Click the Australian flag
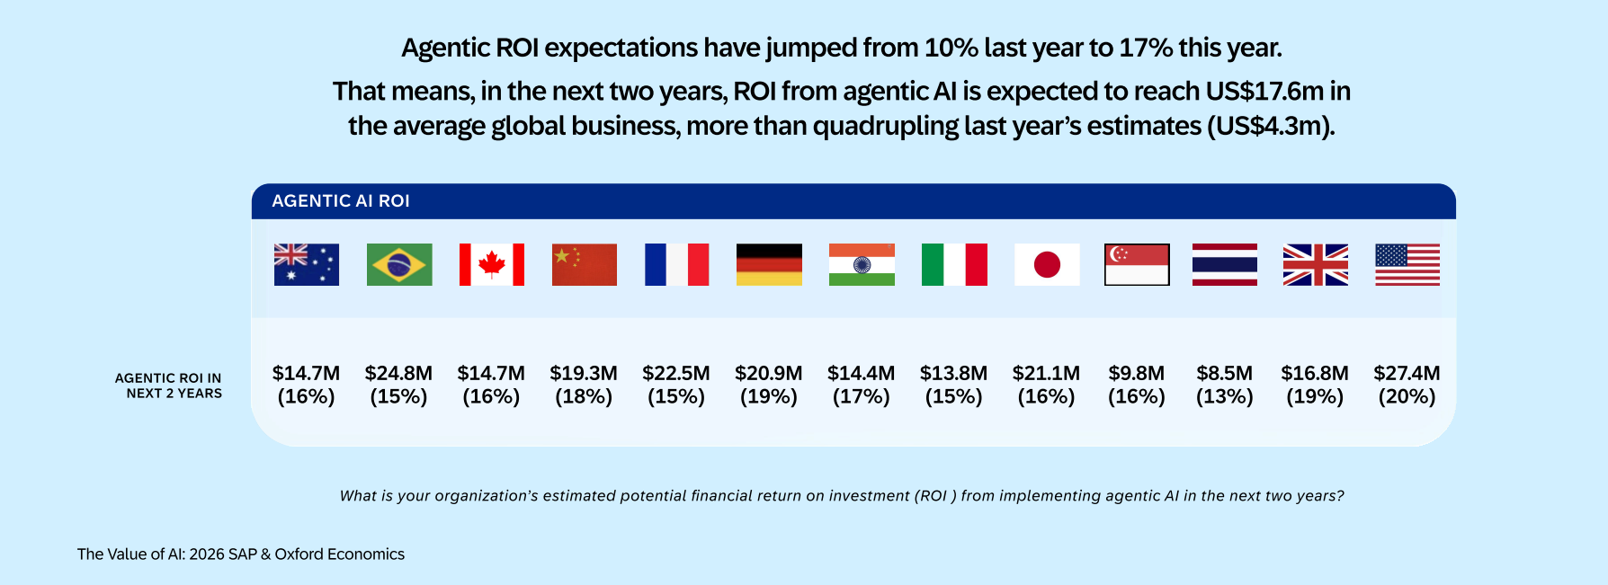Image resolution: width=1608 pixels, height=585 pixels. [307, 264]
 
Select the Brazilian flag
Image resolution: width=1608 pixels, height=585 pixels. [399, 264]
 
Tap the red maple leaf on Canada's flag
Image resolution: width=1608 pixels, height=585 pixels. [492, 264]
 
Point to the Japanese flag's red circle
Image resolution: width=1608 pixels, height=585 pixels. [1047, 264]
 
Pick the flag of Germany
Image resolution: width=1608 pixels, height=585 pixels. [769, 264]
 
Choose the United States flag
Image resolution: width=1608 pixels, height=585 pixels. [1407, 264]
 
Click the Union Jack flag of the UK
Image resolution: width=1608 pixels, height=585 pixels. [1316, 264]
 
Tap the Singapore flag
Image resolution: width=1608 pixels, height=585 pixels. [1137, 264]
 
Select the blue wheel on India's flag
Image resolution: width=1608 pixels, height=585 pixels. [862, 264]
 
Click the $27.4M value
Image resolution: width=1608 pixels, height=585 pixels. [1407, 373]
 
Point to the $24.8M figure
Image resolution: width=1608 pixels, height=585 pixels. [398, 373]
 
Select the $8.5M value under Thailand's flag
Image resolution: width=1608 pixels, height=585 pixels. [1224, 373]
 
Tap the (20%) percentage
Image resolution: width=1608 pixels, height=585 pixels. [1407, 396]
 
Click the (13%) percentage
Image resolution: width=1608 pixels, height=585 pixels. [1224, 396]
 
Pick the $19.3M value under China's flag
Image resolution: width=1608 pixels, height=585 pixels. [584, 373]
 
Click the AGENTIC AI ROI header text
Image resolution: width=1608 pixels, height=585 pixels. [341, 201]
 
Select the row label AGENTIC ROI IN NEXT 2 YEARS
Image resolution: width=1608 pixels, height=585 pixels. [168, 386]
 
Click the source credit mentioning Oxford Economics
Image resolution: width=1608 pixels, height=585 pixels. [241, 554]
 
